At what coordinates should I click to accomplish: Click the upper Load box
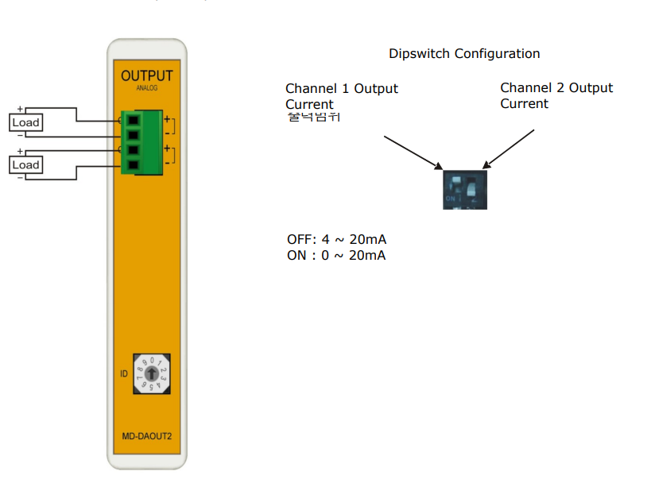tap(25, 122)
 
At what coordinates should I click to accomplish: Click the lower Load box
tap(25, 164)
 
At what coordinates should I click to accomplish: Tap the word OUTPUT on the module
tap(146, 76)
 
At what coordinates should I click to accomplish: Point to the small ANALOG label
tap(147, 88)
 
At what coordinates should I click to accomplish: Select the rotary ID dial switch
tap(150, 373)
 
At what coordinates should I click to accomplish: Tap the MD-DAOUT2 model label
tap(147, 437)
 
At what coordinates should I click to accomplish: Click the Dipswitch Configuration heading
tap(464, 54)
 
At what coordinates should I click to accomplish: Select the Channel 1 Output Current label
tap(342, 95)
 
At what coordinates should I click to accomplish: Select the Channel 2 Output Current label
tap(556, 95)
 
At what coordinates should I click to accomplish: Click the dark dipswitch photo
tap(464, 187)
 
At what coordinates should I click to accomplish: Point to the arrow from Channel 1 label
tap(413, 152)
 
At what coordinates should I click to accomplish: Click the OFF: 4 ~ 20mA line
tap(337, 239)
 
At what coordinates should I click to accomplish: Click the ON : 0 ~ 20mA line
tap(336, 255)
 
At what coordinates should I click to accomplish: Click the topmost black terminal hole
tap(134, 120)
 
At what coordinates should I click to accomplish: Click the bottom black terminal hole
tap(134, 165)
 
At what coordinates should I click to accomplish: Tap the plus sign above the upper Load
tap(20, 109)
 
